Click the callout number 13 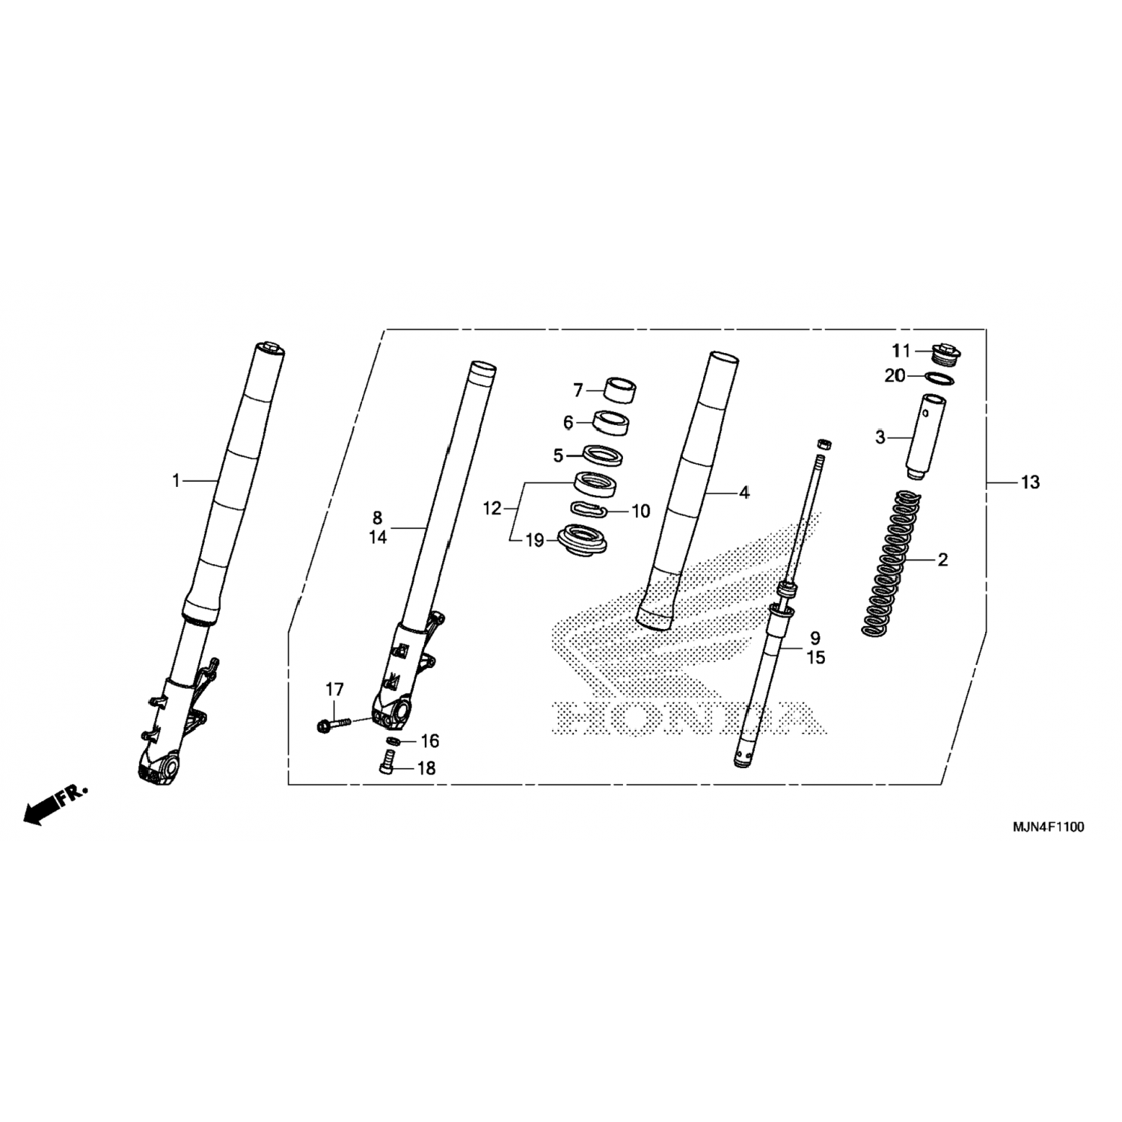pyautogui.click(x=1030, y=482)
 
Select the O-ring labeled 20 pyautogui.click(x=941, y=376)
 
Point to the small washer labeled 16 pyautogui.click(x=390, y=741)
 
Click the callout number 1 pyautogui.click(x=177, y=480)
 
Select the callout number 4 pyautogui.click(x=744, y=492)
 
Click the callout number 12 pyautogui.click(x=491, y=509)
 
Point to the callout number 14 pyautogui.click(x=378, y=536)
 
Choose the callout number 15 pyautogui.click(x=815, y=657)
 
